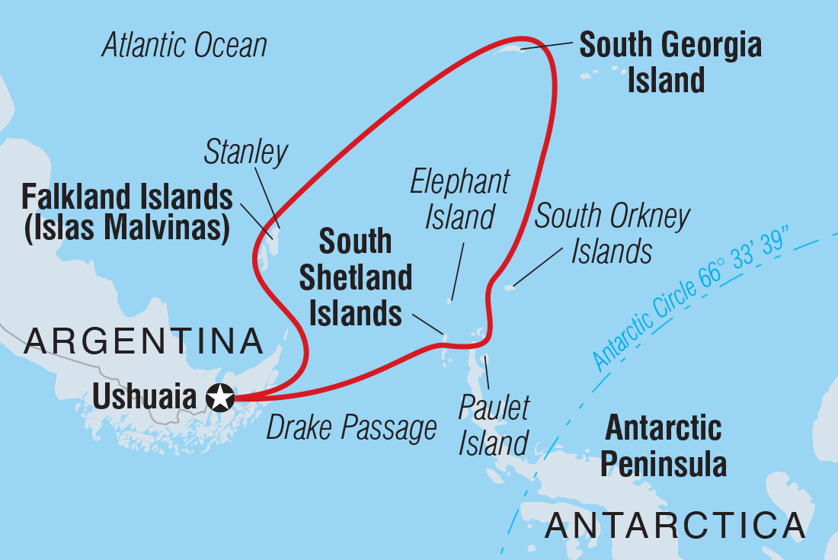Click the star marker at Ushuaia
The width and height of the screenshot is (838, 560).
[x=220, y=398]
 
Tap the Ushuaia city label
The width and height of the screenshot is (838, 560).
[x=146, y=398]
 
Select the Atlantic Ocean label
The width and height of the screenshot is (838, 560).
[x=184, y=46]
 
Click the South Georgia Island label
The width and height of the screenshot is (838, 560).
[x=670, y=62]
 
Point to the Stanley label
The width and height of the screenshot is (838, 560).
[x=245, y=152]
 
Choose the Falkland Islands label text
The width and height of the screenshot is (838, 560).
[x=126, y=197]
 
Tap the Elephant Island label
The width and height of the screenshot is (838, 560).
[x=459, y=200]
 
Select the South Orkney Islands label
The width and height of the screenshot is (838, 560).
[x=612, y=233]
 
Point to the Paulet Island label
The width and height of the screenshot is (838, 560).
[x=494, y=426]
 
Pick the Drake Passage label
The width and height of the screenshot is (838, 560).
[x=351, y=428]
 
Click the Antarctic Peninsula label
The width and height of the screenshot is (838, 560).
[x=664, y=446]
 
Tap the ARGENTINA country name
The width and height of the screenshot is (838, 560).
[x=143, y=342]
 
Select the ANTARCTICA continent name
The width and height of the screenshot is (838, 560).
[x=675, y=526]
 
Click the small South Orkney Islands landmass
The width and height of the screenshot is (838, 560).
[x=508, y=287]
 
